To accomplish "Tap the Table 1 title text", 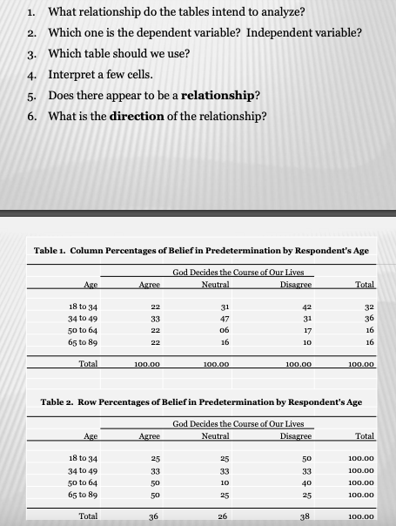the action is (200, 250).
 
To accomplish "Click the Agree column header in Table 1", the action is (151, 284).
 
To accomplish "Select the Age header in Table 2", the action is (89, 436).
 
